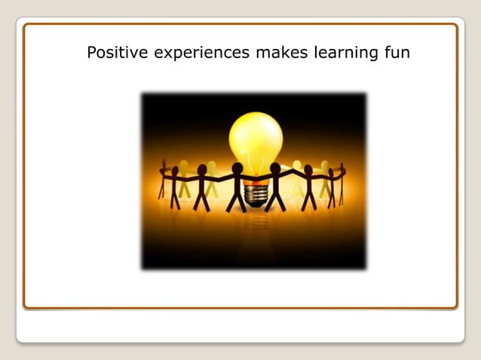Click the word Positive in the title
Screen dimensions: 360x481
pos(115,53)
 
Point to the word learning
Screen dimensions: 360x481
pos(344,53)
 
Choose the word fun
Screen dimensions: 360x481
pos(397,53)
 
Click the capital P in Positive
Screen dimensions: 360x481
pos(91,53)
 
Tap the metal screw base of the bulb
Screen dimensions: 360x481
pos(256,194)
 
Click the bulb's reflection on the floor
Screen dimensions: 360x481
pos(256,226)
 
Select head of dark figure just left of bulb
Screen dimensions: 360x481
pos(237,167)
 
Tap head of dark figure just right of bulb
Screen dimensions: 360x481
pos(275,167)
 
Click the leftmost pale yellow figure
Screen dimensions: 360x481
pos(183,177)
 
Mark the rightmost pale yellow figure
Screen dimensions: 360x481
pos(325,177)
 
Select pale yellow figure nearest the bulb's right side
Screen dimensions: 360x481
pos(297,178)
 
